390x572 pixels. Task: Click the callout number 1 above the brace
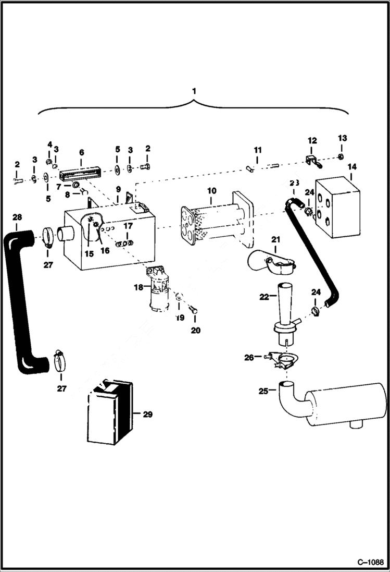coord(194,91)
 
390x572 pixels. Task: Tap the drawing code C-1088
coord(370,562)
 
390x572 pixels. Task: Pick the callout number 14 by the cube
coord(353,167)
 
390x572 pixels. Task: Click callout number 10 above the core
coord(211,191)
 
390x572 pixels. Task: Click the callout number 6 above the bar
coord(81,153)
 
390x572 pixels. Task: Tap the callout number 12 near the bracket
coord(312,141)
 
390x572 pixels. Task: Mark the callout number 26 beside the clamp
coord(249,358)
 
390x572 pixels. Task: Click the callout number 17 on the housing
coord(128,226)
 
